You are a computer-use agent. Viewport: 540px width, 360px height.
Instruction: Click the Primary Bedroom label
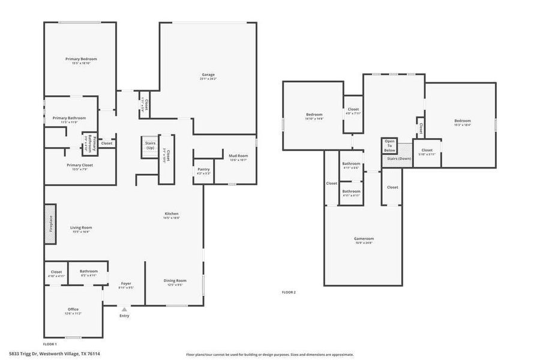pos(81,59)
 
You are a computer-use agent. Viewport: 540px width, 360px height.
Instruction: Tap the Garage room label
pos(208,75)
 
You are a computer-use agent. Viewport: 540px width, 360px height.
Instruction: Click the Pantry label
pos(203,169)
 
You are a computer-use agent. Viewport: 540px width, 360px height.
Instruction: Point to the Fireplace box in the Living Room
pos(50,224)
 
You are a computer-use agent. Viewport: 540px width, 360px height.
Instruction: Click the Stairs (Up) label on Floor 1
pos(149,145)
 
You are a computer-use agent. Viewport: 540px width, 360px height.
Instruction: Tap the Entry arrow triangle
pos(124,309)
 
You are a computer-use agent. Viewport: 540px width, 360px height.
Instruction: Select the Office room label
pos(73,310)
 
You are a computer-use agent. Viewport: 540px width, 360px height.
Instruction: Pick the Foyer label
pos(126,283)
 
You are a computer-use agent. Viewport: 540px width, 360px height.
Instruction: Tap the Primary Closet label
pos(79,165)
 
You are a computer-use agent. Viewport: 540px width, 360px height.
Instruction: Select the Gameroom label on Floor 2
pos(364,238)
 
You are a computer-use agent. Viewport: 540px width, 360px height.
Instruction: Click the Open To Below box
pos(389,146)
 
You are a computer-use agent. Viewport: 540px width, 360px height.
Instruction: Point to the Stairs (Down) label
pos(399,158)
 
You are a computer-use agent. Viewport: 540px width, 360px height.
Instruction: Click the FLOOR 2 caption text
pos(289,292)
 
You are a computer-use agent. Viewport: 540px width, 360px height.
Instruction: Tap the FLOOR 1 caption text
pos(50,344)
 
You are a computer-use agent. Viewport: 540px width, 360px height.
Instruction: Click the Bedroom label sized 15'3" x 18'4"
pos(462,121)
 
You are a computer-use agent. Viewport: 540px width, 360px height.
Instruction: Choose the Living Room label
pos(81,227)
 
